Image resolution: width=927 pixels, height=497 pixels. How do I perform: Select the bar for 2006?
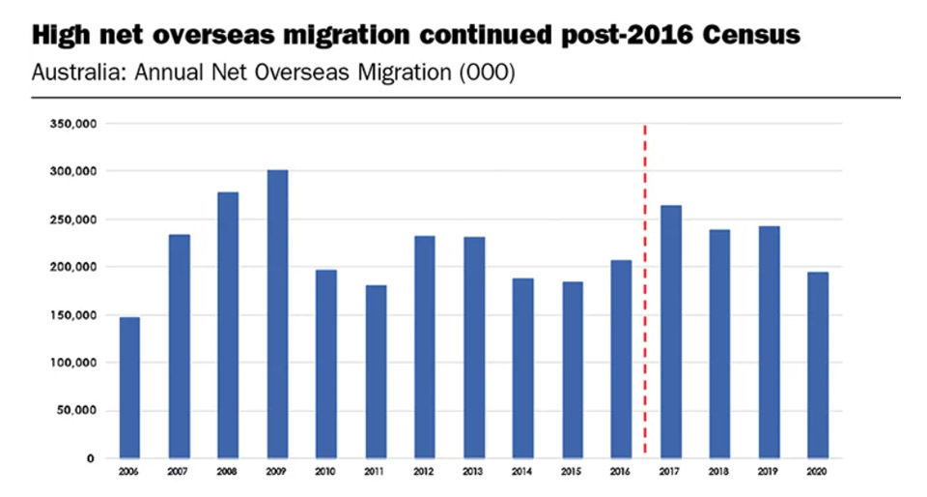click(129, 387)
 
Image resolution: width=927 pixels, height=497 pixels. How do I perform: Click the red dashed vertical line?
click(644, 290)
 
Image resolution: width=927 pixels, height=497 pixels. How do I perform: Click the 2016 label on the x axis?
click(621, 472)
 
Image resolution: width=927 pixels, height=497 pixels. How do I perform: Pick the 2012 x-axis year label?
click(424, 472)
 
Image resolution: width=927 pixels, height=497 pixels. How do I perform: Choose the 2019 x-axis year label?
click(769, 472)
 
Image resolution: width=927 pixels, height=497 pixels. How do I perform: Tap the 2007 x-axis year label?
click(179, 472)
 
